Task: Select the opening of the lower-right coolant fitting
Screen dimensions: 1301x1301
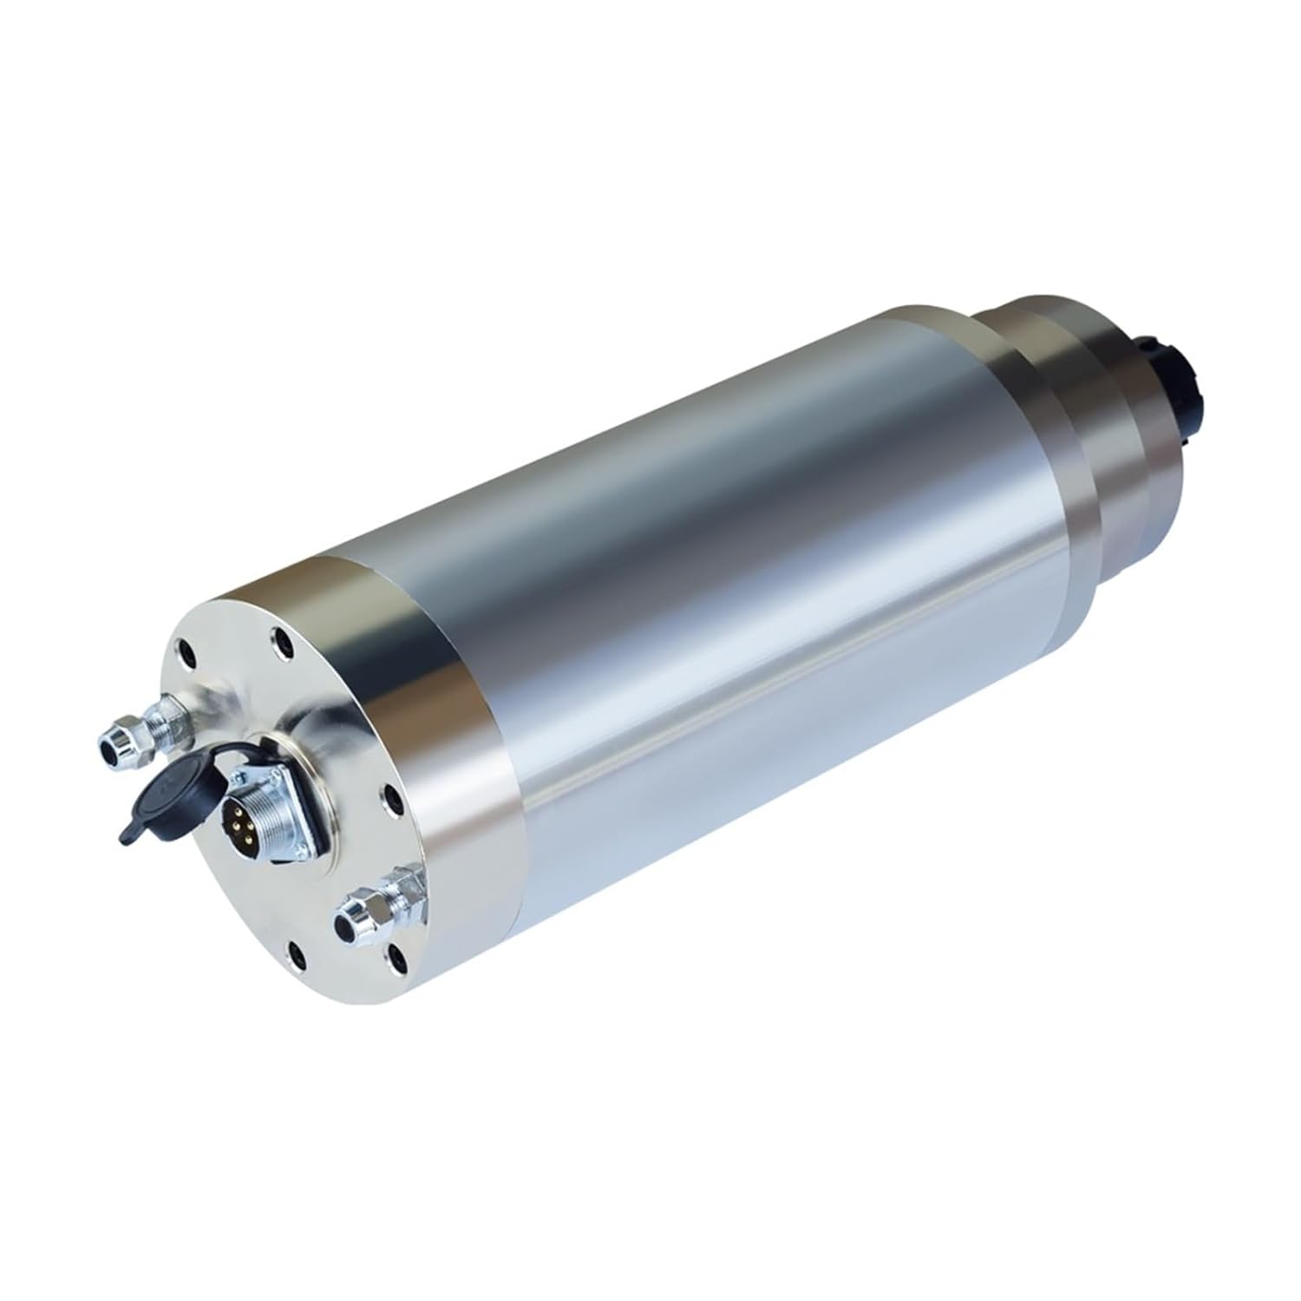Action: pos(352,912)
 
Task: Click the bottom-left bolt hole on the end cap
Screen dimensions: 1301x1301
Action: pos(297,955)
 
